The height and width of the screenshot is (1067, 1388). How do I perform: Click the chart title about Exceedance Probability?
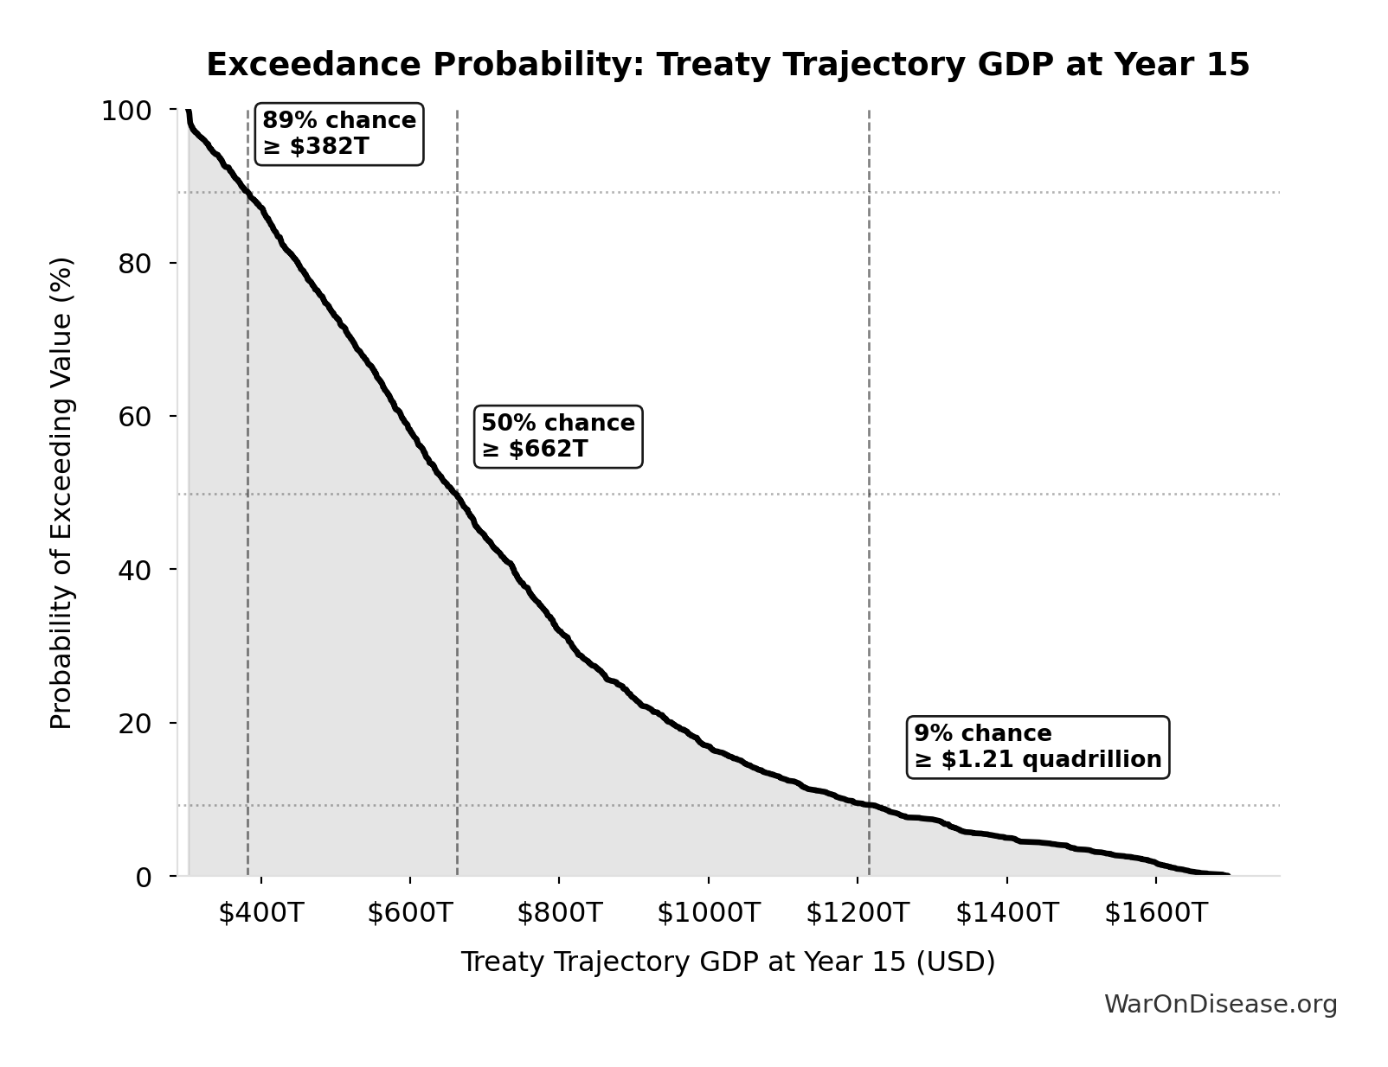(x=728, y=65)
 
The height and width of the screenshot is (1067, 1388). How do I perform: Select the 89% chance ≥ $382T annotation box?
(x=339, y=134)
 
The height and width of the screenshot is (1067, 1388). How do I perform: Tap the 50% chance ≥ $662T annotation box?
(x=558, y=437)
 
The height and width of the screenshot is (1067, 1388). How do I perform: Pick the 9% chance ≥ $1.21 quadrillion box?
(x=1038, y=747)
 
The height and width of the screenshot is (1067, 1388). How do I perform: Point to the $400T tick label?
(x=260, y=913)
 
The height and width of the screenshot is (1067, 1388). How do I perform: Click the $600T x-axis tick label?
(x=409, y=913)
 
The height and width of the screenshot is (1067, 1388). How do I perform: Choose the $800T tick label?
(x=559, y=913)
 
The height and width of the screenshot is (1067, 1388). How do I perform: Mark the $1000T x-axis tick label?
(x=708, y=913)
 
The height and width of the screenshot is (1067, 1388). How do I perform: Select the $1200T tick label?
(x=858, y=913)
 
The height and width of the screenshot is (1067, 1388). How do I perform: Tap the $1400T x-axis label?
(x=1006, y=913)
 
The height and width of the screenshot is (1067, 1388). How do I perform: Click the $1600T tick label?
(x=1155, y=913)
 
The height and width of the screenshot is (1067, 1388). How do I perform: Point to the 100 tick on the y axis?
(x=126, y=111)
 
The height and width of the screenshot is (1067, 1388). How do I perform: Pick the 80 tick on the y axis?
(x=135, y=264)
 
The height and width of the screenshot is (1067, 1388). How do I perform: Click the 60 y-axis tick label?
(x=135, y=417)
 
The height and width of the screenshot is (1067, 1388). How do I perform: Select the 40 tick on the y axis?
(x=135, y=570)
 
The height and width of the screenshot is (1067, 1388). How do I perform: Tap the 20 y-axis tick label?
(x=135, y=723)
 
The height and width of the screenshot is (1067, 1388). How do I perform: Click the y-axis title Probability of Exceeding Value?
(x=61, y=493)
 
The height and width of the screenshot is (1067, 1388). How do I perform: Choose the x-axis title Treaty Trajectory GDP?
(x=728, y=962)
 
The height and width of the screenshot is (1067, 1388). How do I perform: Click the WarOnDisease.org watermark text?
(x=1220, y=1005)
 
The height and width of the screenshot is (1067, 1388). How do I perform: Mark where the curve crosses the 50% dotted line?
(x=456, y=495)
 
